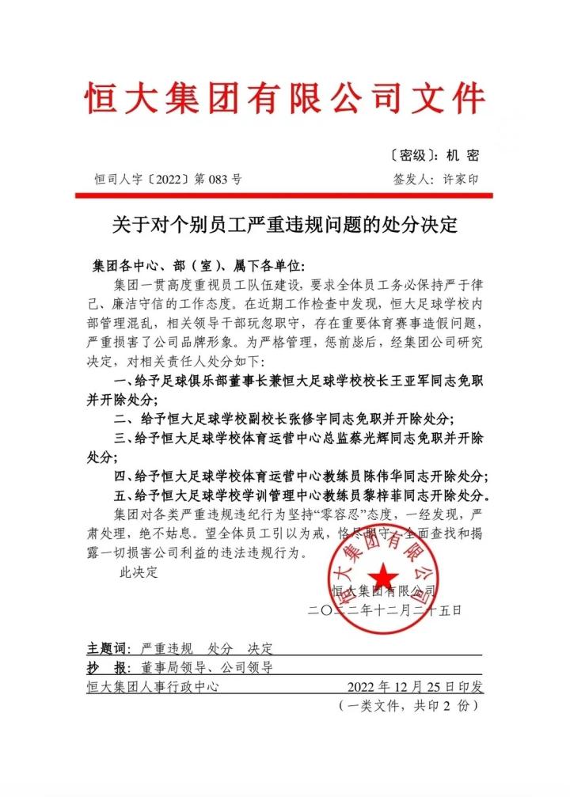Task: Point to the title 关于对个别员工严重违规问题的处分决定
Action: [284, 224]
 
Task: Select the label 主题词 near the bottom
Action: [108, 648]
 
